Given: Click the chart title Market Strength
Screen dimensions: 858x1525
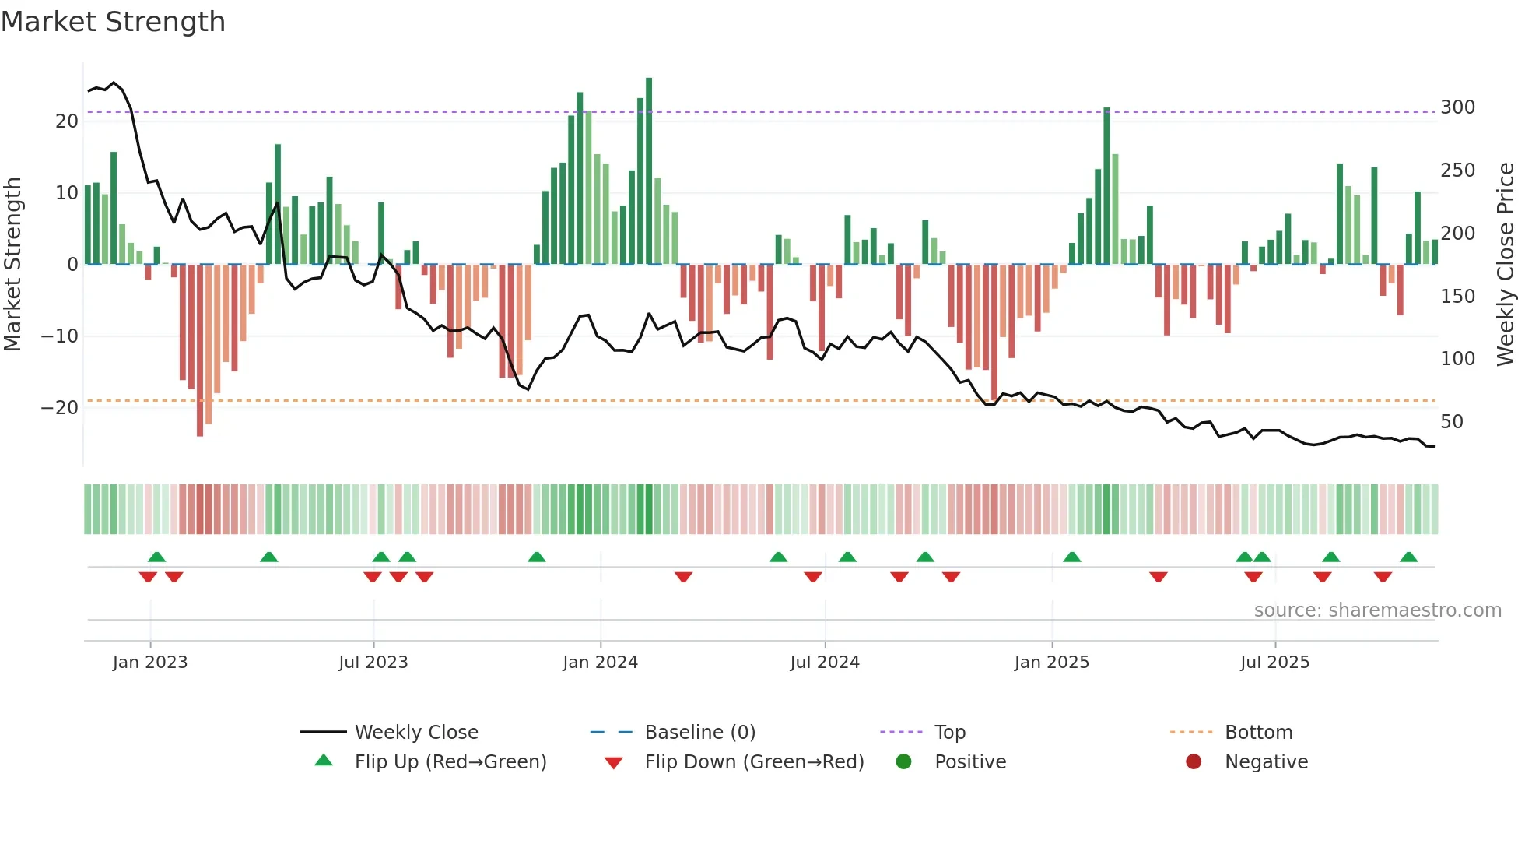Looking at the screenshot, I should (114, 22).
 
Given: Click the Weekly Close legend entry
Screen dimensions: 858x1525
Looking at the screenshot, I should (415, 733).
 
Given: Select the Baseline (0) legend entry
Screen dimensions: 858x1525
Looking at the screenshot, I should (699, 733).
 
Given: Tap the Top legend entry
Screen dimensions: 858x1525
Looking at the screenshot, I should (949, 733).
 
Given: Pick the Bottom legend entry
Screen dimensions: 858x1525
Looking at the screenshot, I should (1258, 733).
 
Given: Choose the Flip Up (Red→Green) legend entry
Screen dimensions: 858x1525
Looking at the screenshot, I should (450, 762).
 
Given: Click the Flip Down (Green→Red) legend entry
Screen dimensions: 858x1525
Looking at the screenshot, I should (753, 762).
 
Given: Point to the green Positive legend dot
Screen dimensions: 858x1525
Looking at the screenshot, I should (903, 762).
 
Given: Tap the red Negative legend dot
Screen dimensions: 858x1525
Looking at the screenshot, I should (1194, 762).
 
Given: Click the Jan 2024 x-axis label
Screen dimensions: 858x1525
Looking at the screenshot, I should (600, 663).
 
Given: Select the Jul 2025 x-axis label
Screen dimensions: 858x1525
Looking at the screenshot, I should (1274, 663).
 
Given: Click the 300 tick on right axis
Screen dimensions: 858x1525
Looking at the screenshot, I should (1457, 107).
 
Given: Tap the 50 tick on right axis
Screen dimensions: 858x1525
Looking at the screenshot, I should (1452, 422).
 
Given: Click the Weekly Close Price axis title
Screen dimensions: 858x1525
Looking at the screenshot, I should (1506, 265).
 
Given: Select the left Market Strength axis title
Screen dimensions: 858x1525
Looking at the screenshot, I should (12, 265).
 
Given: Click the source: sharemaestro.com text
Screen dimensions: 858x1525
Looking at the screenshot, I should (1377, 610).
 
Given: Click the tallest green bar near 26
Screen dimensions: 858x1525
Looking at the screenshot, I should (649, 171).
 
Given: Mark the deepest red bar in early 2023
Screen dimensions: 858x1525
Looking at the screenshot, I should (200, 350).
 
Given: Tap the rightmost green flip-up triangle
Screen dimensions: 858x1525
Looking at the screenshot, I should (1408, 557).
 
